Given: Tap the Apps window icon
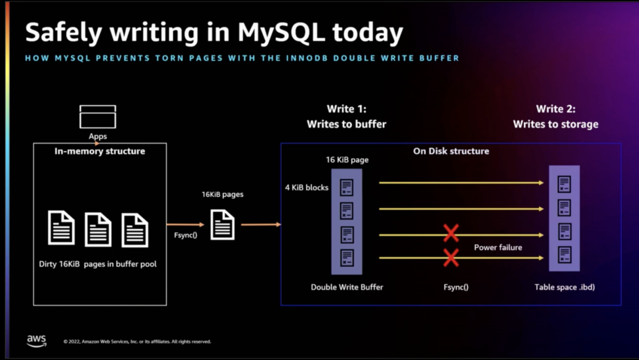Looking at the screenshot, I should (98, 116).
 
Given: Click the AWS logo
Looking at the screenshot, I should (37, 340).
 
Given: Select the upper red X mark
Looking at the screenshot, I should (451, 233).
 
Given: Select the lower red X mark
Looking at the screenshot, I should (451, 258).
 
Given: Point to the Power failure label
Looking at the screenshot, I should (498, 248).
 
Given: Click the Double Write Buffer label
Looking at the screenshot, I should (347, 287).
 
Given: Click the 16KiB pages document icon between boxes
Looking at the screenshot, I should (222, 224).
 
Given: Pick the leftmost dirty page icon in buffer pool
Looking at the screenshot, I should (61, 228).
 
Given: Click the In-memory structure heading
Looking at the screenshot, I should (100, 152).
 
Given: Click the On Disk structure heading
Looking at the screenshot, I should (451, 151).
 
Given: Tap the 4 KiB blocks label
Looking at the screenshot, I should (307, 188).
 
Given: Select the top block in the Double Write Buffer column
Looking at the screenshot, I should (347, 187).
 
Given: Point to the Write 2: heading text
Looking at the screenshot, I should (556, 109).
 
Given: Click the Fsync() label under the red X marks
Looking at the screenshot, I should (456, 287).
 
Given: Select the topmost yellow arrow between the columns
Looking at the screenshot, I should (459, 182).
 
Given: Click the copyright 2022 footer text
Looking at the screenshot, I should (137, 341).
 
